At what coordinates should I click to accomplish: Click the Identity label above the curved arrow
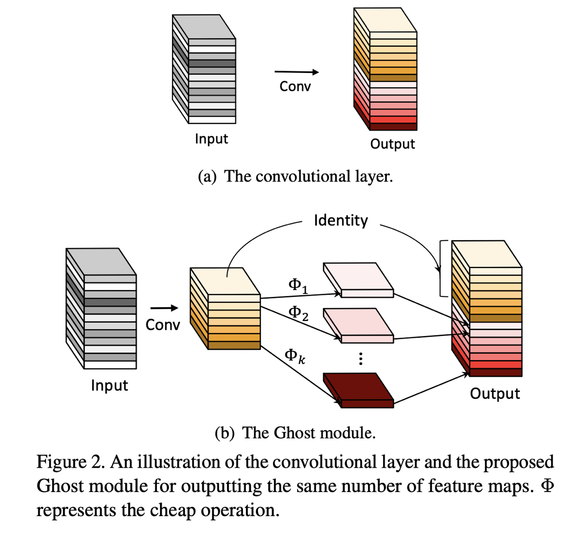(x=341, y=220)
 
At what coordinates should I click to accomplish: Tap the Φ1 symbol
(x=298, y=285)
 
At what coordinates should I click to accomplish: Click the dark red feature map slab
(x=358, y=389)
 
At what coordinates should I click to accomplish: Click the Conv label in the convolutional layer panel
(x=295, y=86)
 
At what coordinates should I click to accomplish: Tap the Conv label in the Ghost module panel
(x=162, y=325)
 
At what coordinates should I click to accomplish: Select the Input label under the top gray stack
(x=211, y=139)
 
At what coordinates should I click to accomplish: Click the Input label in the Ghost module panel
(x=109, y=385)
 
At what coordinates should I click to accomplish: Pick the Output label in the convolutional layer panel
(x=392, y=144)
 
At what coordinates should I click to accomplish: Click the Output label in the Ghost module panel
(x=495, y=393)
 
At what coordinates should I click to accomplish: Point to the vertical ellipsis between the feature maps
(x=360, y=359)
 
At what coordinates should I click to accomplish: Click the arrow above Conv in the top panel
(x=297, y=72)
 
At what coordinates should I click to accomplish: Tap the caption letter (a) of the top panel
(x=207, y=177)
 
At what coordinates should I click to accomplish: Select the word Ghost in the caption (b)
(x=295, y=433)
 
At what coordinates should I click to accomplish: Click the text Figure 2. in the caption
(x=71, y=462)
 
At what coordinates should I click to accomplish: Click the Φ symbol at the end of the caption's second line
(x=547, y=486)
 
